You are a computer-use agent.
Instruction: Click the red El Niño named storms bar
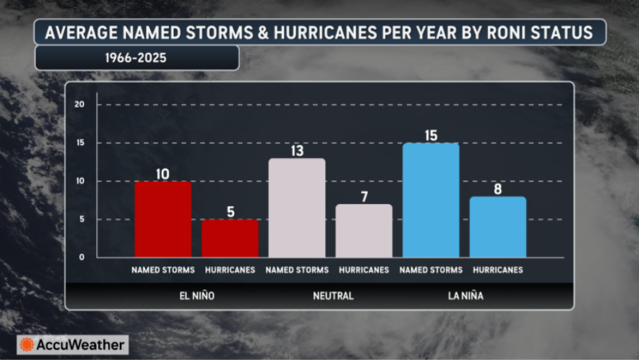click(163, 219)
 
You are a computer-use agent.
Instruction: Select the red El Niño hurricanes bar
click(230, 239)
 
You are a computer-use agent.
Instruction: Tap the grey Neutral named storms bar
click(297, 208)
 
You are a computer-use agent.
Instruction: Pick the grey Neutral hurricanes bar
click(364, 231)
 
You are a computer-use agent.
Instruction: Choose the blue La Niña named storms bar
click(431, 200)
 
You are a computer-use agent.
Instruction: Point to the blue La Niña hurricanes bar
click(498, 227)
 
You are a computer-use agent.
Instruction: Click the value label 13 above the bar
click(297, 151)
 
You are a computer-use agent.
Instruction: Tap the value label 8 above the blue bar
click(498, 189)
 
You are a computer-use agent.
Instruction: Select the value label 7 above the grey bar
click(365, 197)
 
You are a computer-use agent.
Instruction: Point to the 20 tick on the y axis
click(79, 104)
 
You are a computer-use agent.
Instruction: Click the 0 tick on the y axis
click(82, 257)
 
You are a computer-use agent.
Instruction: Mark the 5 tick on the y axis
click(82, 219)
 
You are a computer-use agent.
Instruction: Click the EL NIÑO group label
click(197, 296)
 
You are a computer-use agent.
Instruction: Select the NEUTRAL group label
click(334, 296)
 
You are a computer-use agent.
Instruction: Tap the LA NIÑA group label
click(465, 296)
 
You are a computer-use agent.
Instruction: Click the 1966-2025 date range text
click(136, 58)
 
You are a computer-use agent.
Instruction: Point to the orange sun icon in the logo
click(27, 345)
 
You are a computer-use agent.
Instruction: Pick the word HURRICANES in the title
click(325, 32)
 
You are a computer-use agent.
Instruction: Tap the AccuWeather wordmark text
click(80, 345)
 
